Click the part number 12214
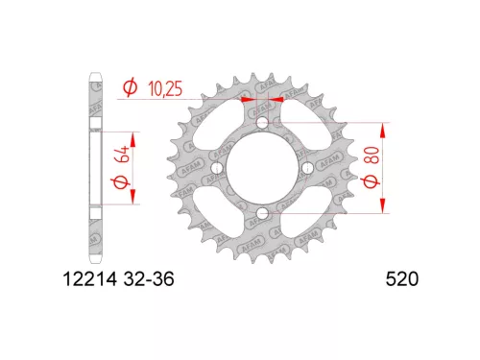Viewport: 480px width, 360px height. pyautogui.click(x=89, y=279)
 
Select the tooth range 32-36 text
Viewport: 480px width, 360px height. pyautogui.click(x=149, y=279)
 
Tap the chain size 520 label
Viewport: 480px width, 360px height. pyautogui.click(x=402, y=279)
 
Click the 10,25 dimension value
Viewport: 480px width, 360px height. pyautogui.click(x=165, y=88)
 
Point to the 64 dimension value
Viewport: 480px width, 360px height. pyautogui.click(x=124, y=155)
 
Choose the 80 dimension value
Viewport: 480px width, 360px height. pyautogui.click(x=372, y=156)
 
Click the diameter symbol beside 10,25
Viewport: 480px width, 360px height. pyautogui.click(x=131, y=87)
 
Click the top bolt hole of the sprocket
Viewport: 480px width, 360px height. pyautogui.click(x=262, y=123)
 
